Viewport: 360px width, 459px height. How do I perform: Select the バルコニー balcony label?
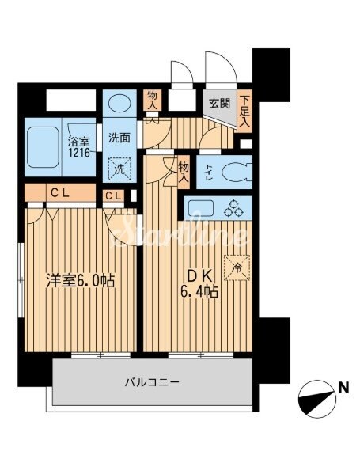coord(151,382)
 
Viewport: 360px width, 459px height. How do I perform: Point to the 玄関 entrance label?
coord(218,103)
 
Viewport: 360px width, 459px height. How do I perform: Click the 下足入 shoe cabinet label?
coord(245,111)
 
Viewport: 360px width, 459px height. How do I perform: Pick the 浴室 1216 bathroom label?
coord(77,146)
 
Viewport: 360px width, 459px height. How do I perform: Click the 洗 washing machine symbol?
coord(119,169)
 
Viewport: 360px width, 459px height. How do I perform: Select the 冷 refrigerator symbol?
coord(236,267)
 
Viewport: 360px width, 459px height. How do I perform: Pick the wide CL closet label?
coord(59,192)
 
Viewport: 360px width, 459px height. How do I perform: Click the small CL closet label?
coord(113,196)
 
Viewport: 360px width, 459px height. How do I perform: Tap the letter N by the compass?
coord(343,388)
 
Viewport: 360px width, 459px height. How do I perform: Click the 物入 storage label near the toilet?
coord(184,171)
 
